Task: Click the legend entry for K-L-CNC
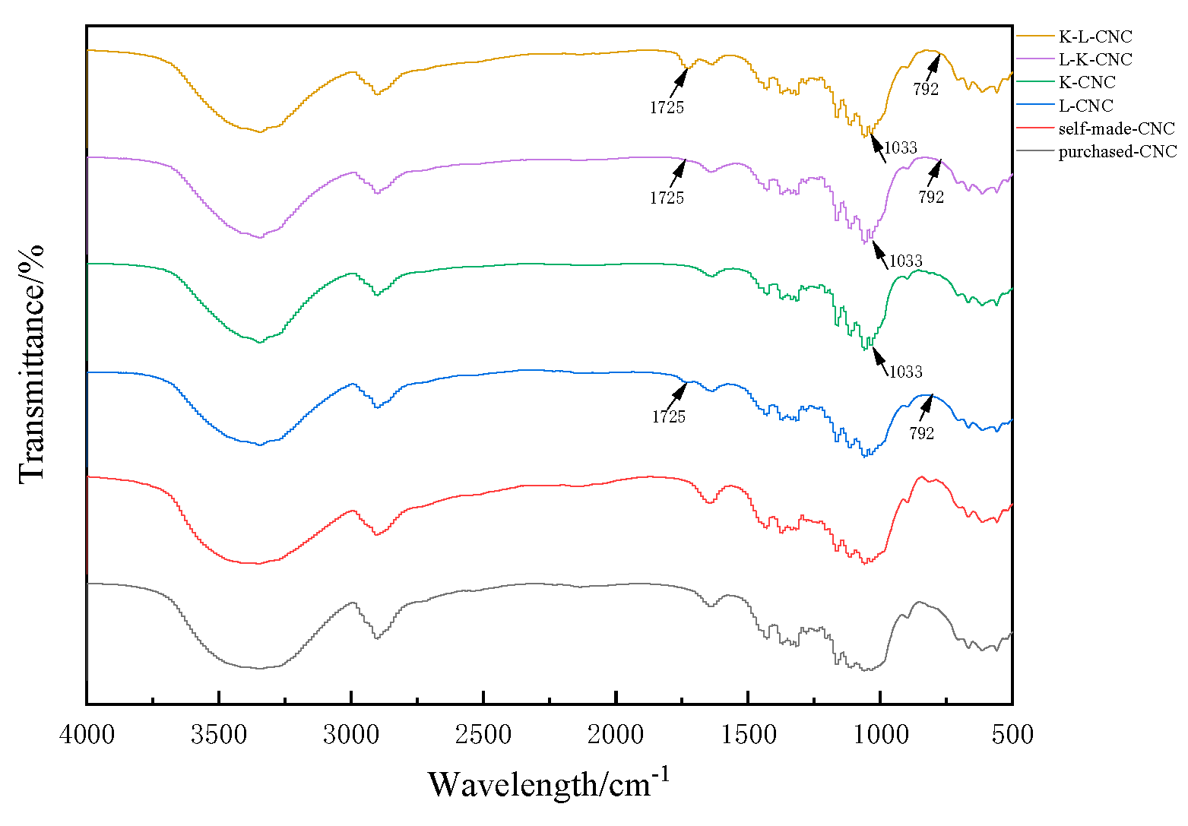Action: pyautogui.click(x=1095, y=36)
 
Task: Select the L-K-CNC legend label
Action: pyautogui.click(x=1095, y=59)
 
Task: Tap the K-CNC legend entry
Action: pyautogui.click(x=1087, y=82)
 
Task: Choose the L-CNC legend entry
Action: pyautogui.click(x=1085, y=106)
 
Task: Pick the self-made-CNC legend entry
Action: pyautogui.click(x=1116, y=128)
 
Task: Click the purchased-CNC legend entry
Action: pyautogui.click(x=1117, y=151)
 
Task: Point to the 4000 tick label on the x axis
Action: pyautogui.click(x=87, y=734)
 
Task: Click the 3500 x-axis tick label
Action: pyautogui.click(x=219, y=734)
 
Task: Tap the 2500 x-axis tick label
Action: pyautogui.click(x=483, y=734)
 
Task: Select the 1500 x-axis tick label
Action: pyautogui.click(x=748, y=734)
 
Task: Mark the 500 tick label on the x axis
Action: pyautogui.click(x=1012, y=734)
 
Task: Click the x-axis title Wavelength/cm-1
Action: pyautogui.click(x=549, y=783)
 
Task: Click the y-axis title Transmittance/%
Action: pyautogui.click(x=32, y=363)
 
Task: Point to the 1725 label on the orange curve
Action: pyautogui.click(x=667, y=107)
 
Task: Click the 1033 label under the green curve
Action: pyautogui.click(x=905, y=372)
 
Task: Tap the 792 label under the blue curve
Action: pyautogui.click(x=921, y=433)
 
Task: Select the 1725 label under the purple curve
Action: pyautogui.click(x=667, y=198)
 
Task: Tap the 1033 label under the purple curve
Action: pyautogui.click(x=905, y=261)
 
